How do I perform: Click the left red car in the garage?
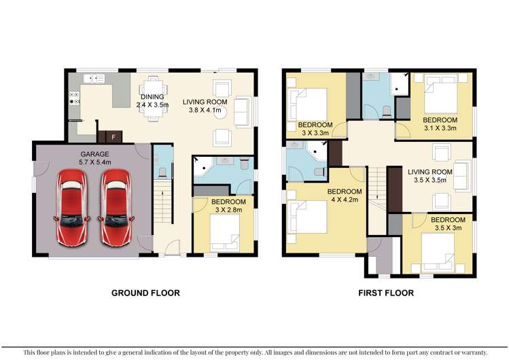[72, 208]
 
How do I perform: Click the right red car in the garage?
[116, 208]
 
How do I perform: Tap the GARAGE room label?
[94, 154]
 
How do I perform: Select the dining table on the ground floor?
[154, 98]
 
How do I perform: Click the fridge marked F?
[113, 137]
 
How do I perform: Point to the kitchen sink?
[94, 79]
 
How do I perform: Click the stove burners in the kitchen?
[74, 98]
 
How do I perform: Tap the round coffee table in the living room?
[220, 113]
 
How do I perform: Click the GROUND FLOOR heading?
[145, 293]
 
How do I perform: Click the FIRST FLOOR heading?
[386, 293]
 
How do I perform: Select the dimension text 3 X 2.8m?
[228, 210]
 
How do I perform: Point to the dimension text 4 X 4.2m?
[345, 200]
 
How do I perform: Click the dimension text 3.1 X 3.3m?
[440, 128]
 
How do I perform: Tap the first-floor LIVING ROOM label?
[430, 172]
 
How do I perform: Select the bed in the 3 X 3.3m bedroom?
[308, 105]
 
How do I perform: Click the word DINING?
[152, 96]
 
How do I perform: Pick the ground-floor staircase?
[162, 202]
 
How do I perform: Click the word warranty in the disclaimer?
[474, 353]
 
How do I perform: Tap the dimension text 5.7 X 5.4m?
[94, 162]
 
